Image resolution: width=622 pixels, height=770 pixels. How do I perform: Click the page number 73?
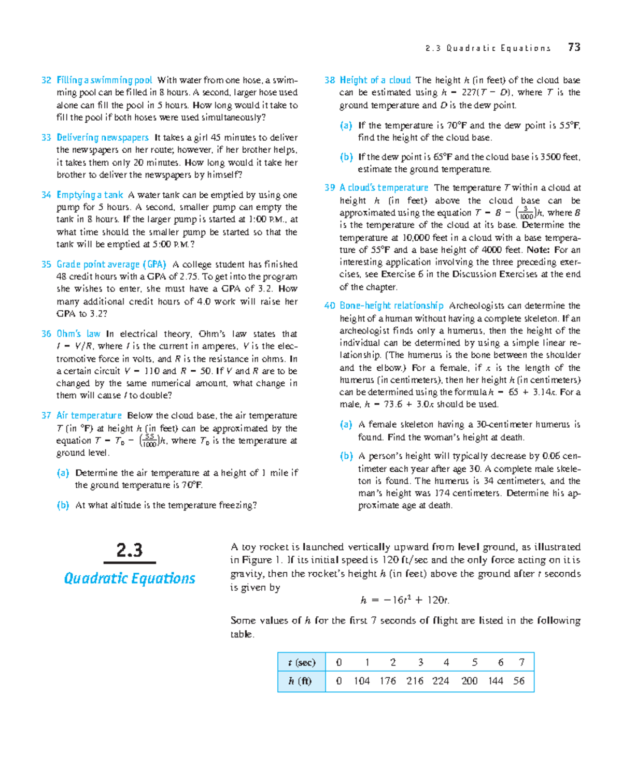(x=574, y=47)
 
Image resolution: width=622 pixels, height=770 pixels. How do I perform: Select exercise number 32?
(x=46, y=80)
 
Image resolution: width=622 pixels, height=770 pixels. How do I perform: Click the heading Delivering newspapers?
(x=102, y=137)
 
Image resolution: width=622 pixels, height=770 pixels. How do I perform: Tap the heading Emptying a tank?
(x=90, y=195)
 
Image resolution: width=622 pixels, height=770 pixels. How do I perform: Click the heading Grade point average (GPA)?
(x=111, y=264)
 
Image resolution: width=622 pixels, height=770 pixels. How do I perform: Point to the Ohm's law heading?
(x=78, y=334)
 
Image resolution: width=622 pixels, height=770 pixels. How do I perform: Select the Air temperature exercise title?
(x=89, y=415)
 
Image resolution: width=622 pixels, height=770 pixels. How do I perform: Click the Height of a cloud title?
(x=375, y=80)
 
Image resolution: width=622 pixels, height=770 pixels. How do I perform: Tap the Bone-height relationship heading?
(x=391, y=306)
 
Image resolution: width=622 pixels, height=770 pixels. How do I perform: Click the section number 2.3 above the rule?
(x=130, y=550)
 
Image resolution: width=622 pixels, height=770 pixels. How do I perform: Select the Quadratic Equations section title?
(x=130, y=578)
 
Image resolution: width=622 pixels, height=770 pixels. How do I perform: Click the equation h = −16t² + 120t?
(x=405, y=600)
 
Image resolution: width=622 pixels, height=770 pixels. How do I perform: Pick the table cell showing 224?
(x=441, y=681)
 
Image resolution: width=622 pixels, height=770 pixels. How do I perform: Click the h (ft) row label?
(x=301, y=681)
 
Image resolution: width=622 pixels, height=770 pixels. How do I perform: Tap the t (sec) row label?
(x=301, y=662)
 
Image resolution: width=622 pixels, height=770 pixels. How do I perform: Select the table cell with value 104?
(x=361, y=681)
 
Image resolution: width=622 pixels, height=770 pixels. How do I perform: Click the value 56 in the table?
(x=519, y=681)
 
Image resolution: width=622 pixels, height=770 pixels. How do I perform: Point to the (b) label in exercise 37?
(x=63, y=505)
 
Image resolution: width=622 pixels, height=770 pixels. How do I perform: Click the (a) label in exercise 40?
(x=346, y=425)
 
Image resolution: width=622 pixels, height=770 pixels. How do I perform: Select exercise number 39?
(x=330, y=187)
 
